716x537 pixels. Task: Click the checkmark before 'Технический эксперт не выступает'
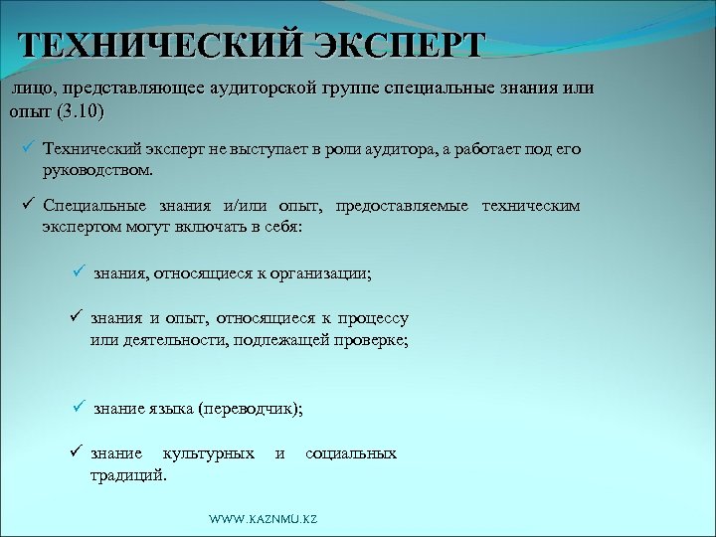[28, 148]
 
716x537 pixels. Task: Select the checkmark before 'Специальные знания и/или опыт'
[28, 206]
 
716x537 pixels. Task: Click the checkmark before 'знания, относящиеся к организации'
[81, 269]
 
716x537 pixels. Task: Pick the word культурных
[208, 453]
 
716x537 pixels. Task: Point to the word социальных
[351, 453]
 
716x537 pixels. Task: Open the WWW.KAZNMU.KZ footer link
[263, 520]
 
